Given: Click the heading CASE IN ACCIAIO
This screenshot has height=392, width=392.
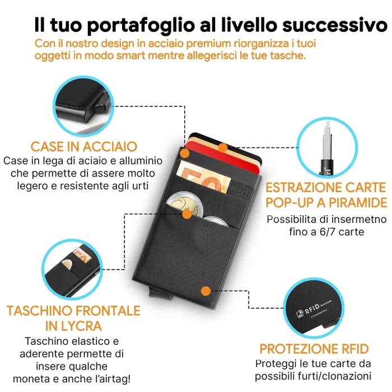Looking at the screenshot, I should (x=84, y=147).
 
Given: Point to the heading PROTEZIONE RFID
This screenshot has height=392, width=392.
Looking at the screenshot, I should (x=314, y=348).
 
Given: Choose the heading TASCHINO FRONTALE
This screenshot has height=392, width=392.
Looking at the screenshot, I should (x=73, y=310).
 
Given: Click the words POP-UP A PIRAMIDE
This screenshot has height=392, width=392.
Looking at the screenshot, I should (x=326, y=202).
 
